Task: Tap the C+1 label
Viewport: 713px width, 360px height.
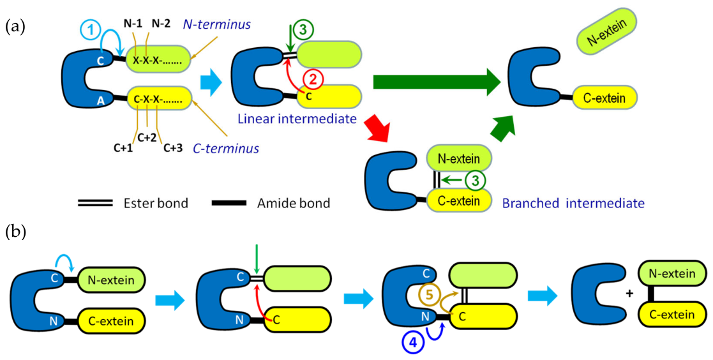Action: [124, 147]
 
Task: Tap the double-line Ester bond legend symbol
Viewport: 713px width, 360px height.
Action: [96, 204]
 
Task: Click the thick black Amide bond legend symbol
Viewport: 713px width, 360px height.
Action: [229, 203]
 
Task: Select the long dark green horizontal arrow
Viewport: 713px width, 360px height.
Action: [437, 82]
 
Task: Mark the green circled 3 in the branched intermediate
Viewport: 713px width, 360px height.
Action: [473, 181]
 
